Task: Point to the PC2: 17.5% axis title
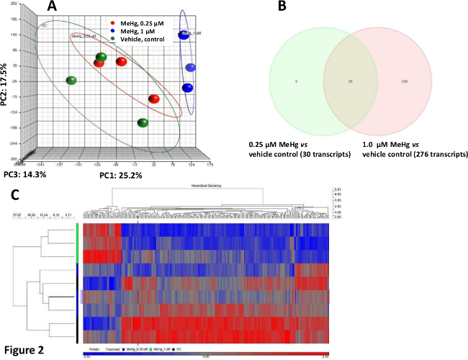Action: coord(6,85)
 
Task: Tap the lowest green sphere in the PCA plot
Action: coord(143,122)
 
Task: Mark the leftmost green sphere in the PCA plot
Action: coord(71,81)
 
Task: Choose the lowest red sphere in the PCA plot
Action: coord(153,99)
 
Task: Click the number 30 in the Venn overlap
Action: coord(350,82)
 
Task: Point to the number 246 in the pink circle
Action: coord(405,82)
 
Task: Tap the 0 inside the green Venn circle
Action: coord(296,82)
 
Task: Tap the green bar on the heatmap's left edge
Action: coord(76,243)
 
